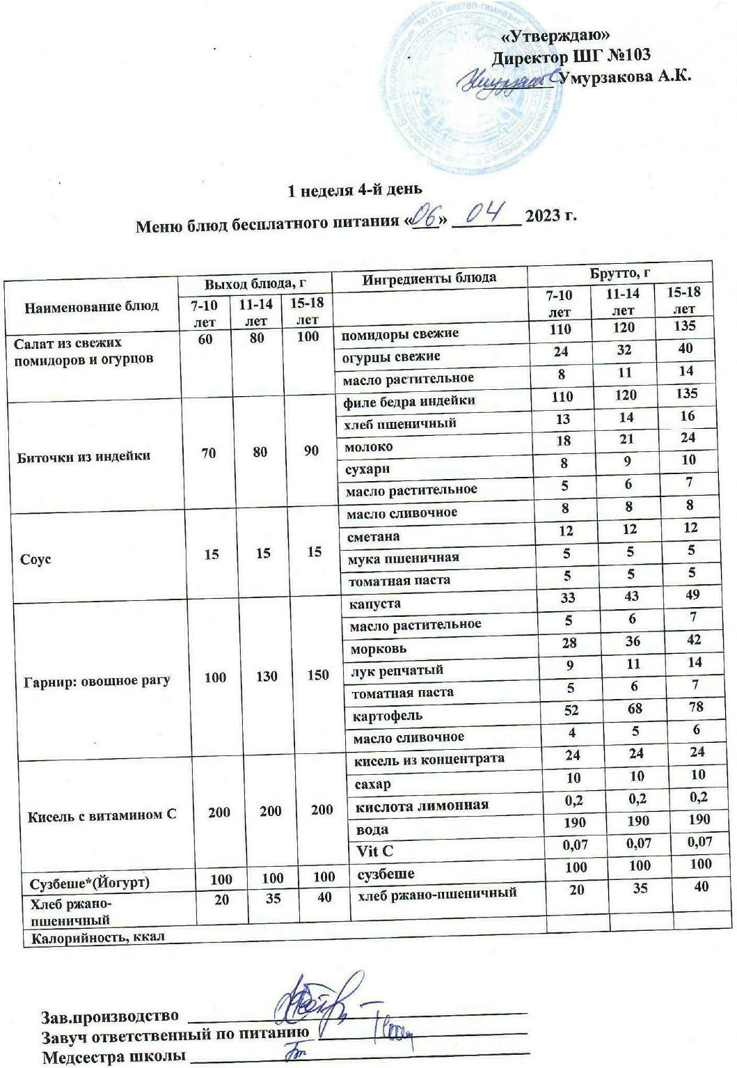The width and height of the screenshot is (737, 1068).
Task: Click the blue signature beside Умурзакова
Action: point(506,81)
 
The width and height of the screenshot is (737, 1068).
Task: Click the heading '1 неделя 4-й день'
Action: point(356,189)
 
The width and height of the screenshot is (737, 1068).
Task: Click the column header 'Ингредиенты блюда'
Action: point(429,278)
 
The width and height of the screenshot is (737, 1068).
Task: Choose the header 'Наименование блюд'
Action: point(92,306)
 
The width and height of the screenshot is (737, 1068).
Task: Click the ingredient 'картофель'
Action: point(386,715)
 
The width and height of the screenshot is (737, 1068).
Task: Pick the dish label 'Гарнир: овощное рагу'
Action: point(96,680)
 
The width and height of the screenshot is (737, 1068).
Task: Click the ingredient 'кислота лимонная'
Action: point(422,806)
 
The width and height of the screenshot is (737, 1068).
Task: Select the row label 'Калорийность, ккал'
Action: point(95,936)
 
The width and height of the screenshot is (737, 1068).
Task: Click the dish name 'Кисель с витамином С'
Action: point(102,814)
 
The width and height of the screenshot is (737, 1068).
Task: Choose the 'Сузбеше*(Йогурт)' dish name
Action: point(90,883)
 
